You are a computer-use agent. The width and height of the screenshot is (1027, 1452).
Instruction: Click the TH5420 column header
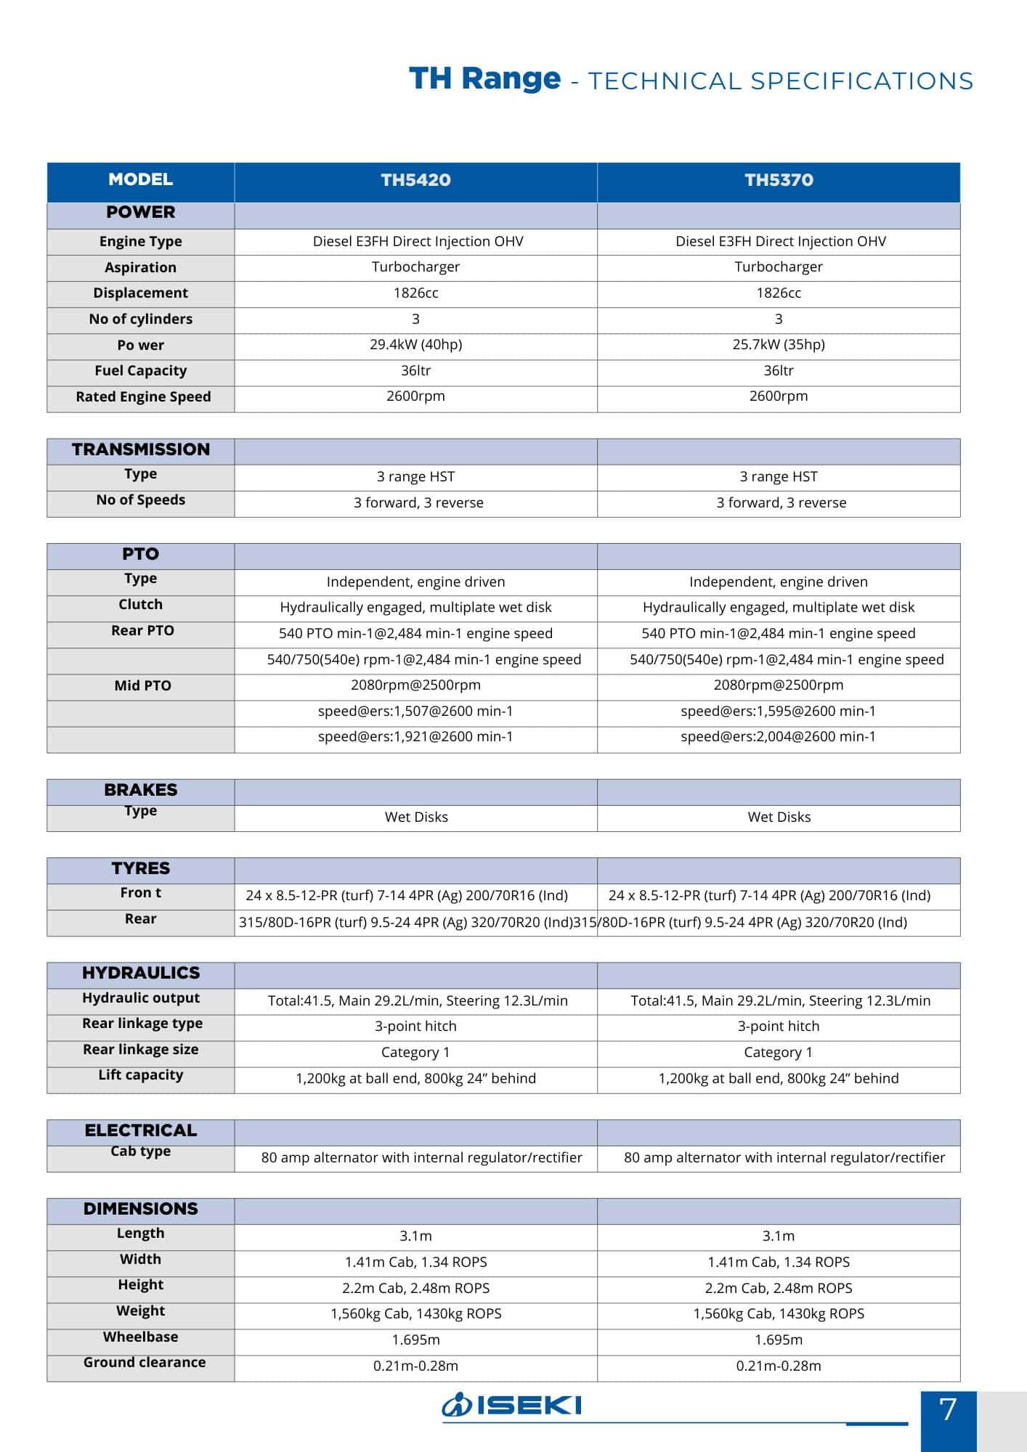click(415, 180)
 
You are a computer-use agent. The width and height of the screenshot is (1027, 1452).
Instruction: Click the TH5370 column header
click(779, 180)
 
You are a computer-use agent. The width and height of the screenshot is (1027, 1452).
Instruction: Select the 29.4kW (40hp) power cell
click(415, 344)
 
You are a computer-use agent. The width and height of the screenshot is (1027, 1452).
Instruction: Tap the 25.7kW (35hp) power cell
click(779, 344)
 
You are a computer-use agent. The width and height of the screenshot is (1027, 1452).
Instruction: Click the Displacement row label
click(140, 293)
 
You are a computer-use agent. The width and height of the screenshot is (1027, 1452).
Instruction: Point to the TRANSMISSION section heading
click(140, 449)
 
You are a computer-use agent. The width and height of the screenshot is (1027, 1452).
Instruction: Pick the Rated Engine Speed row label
click(143, 396)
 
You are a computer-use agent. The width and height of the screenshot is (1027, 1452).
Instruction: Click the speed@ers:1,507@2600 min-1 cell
click(415, 711)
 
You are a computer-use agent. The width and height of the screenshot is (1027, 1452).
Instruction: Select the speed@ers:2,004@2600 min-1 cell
click(778, 736)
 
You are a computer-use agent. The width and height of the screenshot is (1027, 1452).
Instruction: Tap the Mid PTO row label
click(142, 685)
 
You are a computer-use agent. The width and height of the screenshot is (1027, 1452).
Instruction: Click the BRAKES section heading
click(140, 790)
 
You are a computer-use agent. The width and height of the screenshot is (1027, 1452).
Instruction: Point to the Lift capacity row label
click(140, 1074)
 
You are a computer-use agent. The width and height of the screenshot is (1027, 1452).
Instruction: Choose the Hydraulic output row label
click(140, 998)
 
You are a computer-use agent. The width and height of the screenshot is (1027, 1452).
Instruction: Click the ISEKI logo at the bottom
click(511, 1405)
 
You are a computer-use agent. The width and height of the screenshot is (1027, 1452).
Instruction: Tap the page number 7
click(948, 1410)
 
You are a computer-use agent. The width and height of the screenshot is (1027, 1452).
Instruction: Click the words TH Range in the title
click(484, 78)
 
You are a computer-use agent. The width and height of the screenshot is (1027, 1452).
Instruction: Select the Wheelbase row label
click(140, 1337)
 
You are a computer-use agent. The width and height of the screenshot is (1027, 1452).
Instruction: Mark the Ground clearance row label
click(144, 1362)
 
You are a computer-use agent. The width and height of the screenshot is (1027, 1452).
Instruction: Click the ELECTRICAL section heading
click(140, 1130)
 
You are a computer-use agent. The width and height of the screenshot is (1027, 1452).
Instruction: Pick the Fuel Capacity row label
click(140, 370)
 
